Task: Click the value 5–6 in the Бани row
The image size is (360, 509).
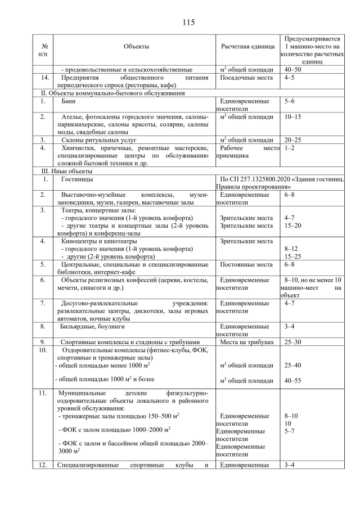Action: [x=290, y=101]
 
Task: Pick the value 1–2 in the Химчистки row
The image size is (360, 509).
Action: [x=290, y=148]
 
